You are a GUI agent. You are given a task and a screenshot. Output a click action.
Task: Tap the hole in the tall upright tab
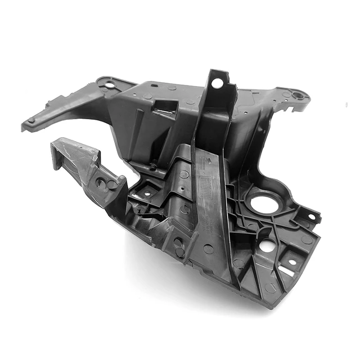(x=217, y=84)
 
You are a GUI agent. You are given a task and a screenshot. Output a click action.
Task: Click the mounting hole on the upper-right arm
(x=298, y=95)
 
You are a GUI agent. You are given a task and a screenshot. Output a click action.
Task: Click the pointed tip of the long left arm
(x=24, y=127)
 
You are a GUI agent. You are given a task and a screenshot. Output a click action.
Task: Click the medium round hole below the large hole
(x=268, y=246)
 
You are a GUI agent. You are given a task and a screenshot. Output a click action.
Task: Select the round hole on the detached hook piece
(x=101, y=182)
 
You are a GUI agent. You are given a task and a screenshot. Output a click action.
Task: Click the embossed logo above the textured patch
(x=206, y=163)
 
